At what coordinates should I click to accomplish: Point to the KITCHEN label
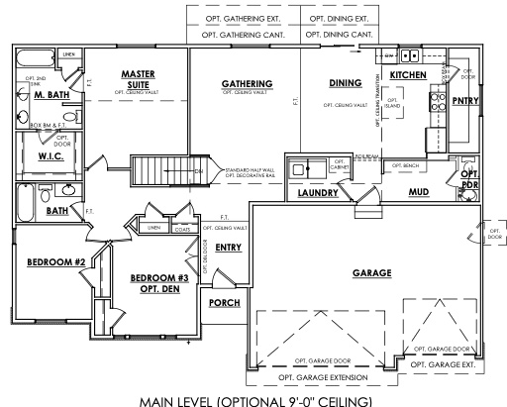coord(407,75)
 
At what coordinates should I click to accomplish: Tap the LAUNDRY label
coord(319,194)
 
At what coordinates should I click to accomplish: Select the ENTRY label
coord(228,248)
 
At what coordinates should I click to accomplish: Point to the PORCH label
coord(225,303)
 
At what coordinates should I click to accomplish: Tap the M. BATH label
coord(50,96)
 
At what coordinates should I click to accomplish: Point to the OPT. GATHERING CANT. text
coord(243,35)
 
